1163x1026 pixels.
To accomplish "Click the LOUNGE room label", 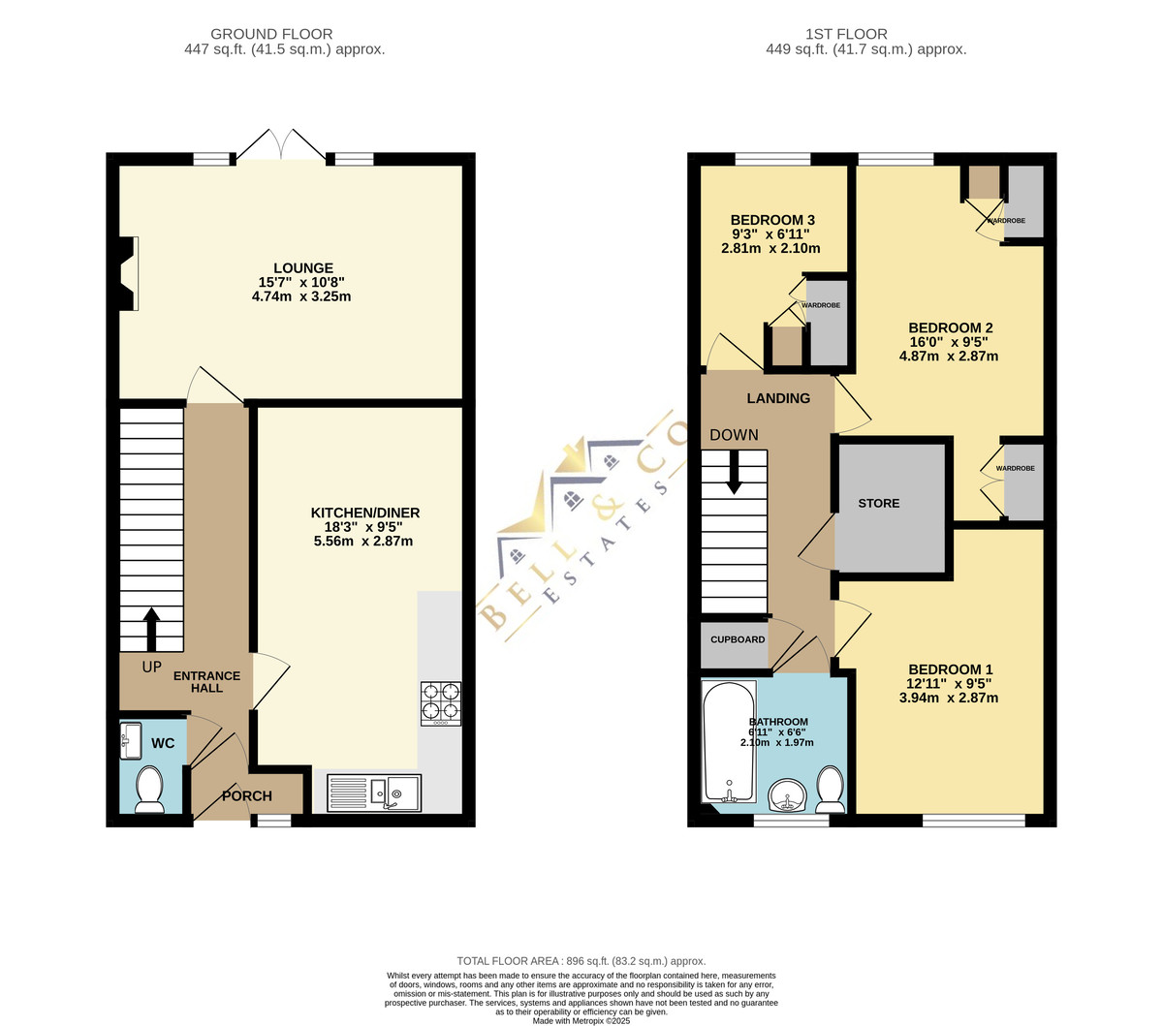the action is click(303, 268).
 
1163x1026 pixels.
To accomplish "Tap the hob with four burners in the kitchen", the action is click(440, 703).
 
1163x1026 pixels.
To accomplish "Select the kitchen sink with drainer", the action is click(374, 793).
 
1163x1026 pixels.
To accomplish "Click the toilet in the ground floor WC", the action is click(149, 790).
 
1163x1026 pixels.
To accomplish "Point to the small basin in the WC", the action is click(131, 740).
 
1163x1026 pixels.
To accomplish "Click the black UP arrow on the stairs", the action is click(151, 629).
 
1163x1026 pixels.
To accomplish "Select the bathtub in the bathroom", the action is click(729, 742).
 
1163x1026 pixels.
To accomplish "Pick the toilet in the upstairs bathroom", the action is click(830, 790).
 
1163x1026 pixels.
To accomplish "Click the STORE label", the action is click(878, 503).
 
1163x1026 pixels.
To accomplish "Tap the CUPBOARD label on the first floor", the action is click(738, 639).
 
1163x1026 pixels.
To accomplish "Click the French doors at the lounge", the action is click(281, 144).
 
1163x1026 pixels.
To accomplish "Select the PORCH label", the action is click(247, 795).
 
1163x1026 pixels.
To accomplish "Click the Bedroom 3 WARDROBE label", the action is click(821, 305).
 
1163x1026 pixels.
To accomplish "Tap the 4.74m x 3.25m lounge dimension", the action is click(301, 296).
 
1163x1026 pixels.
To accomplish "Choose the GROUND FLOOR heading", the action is click(271, 35).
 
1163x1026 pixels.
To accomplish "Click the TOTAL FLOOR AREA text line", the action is click(581, 960).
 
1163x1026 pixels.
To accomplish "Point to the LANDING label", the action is click(778, 398).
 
